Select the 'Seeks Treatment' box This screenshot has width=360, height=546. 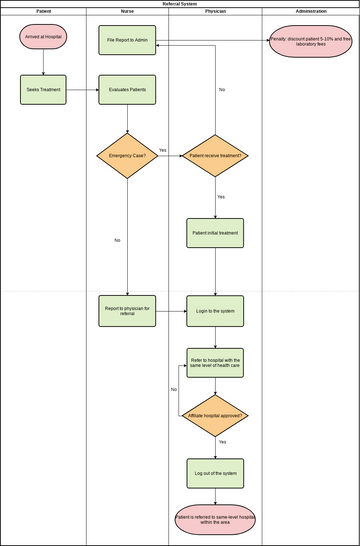(42, 89)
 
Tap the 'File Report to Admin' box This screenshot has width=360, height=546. (127, 40)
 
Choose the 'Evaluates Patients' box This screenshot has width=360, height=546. (127, 89)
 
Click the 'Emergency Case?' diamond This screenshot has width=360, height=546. (127, 155)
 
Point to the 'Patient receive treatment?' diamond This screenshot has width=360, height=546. (215, 155)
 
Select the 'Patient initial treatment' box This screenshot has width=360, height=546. (215, 233)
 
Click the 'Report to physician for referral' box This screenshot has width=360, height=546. (127, 310)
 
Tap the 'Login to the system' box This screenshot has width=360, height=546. (215, 310)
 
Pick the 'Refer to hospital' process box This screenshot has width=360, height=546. (215, 363)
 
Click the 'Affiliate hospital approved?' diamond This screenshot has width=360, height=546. (215, 415)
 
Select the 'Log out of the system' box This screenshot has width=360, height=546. (215, 473)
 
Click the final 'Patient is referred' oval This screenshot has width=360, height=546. (215, 518)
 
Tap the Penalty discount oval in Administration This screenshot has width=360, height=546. (311, 40)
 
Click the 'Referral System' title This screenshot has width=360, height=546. (179, 4)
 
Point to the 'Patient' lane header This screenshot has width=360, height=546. (43, 11)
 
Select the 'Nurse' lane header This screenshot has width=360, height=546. (127, 11)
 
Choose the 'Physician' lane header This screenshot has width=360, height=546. (215, 11)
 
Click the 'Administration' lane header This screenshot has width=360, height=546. (311, 11)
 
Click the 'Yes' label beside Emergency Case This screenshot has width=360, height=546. (162, 150)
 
